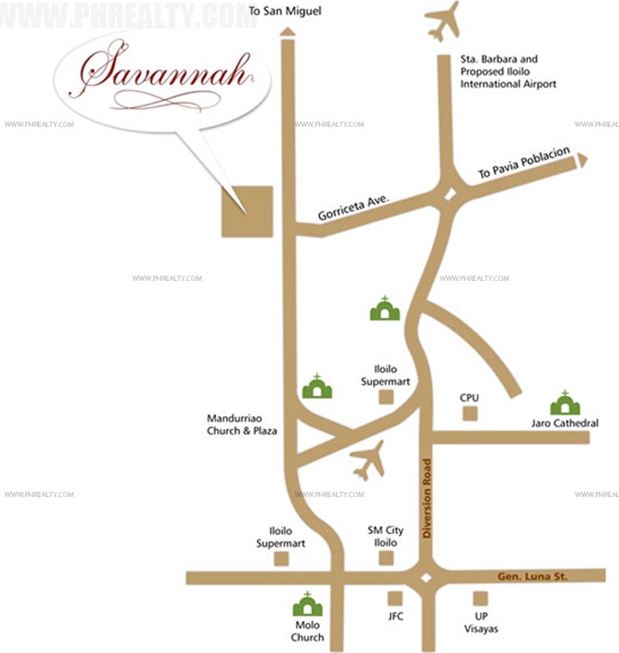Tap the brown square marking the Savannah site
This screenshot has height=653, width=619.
click(x=247, y=212)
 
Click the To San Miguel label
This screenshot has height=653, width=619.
click(x=285, y=12)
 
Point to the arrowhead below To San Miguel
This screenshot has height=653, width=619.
click(x=287, y=32)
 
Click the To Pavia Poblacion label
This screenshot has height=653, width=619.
click(x=525, y=166)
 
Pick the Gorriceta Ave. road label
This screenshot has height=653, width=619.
click(x=351, y=205)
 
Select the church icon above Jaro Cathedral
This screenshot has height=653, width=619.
click(x=565, y=404)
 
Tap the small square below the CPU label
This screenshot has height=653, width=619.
click(x=469, y=413)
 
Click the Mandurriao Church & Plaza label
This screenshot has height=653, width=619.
click(x=241, y=425)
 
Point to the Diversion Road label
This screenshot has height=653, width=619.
click(x=427, y=499)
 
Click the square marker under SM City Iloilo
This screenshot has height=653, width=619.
click(x=387, y=558)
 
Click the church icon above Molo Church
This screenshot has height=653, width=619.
click(x=307, y=605)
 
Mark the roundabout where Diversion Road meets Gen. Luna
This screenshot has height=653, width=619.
click(x=427, y=577)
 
